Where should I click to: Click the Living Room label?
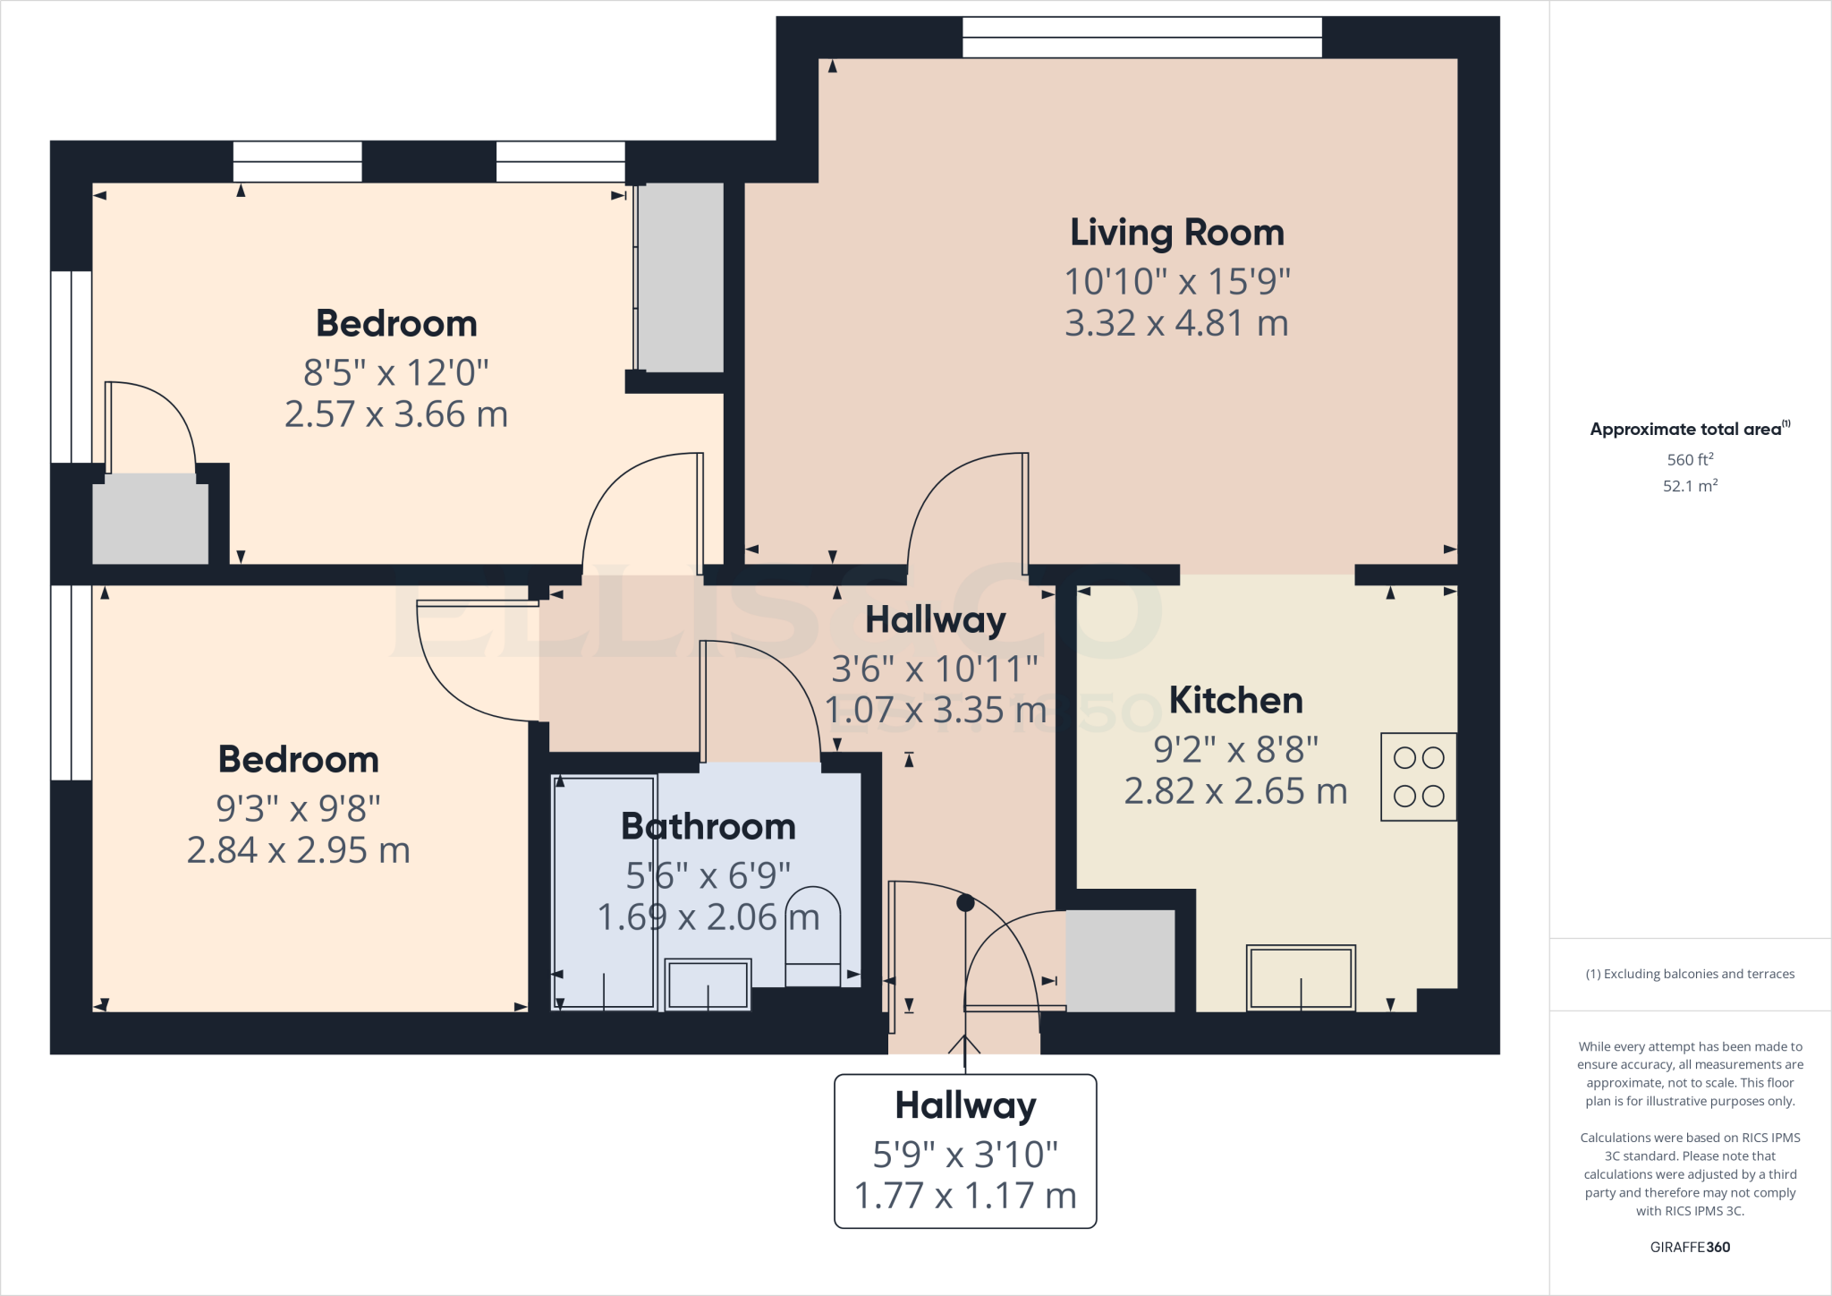[x=1176, y=233]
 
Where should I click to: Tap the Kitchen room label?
[x=1235, y=700]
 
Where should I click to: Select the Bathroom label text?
[x=708, y=826]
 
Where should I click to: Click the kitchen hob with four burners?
[x=1419, y=777]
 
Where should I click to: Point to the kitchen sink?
[x=1301, y=977]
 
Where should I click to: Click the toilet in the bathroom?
[x=812, y=935]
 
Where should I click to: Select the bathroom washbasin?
[x=708, y=984]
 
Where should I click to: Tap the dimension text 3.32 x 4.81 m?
[x=1176, y=323]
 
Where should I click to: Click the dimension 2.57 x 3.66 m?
[x=395, y=414]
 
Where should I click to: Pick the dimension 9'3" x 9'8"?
[x=298, y=808]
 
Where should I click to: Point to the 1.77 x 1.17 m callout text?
[x=965, y=1196]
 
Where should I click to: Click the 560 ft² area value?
[x=1690, y=459]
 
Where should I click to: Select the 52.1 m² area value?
[x=1690, y=486]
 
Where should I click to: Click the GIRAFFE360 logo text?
[x=1690, y=1247]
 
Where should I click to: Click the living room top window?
[x=1141, y=37]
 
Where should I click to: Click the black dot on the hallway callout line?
[x=965, y=903]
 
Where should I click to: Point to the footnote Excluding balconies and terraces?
[x=1690, y=974]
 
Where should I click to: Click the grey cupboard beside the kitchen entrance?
[x=1120, y=960]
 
